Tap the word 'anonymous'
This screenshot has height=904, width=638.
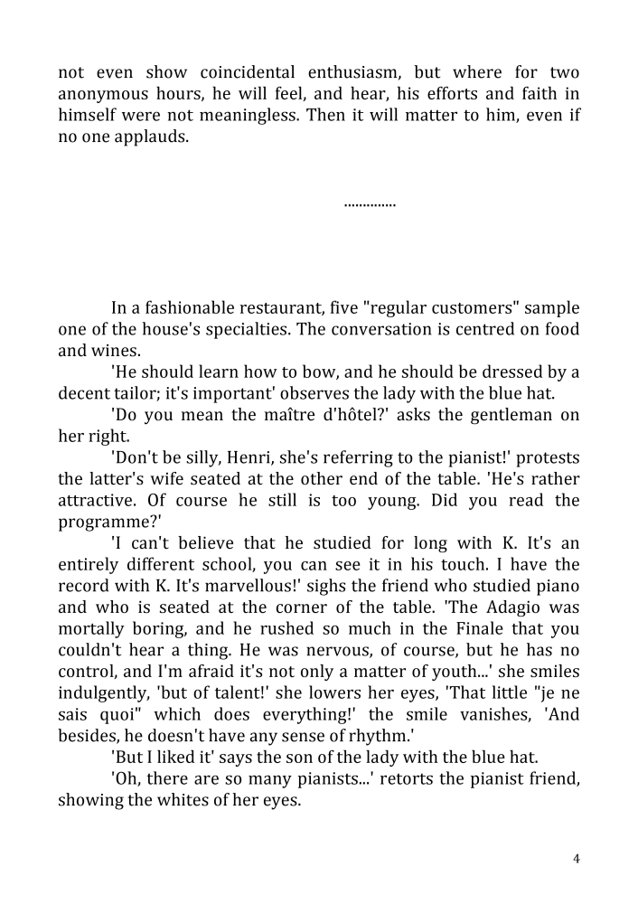102,94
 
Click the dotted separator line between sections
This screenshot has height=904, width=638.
370,205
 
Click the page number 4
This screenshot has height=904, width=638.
577,859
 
